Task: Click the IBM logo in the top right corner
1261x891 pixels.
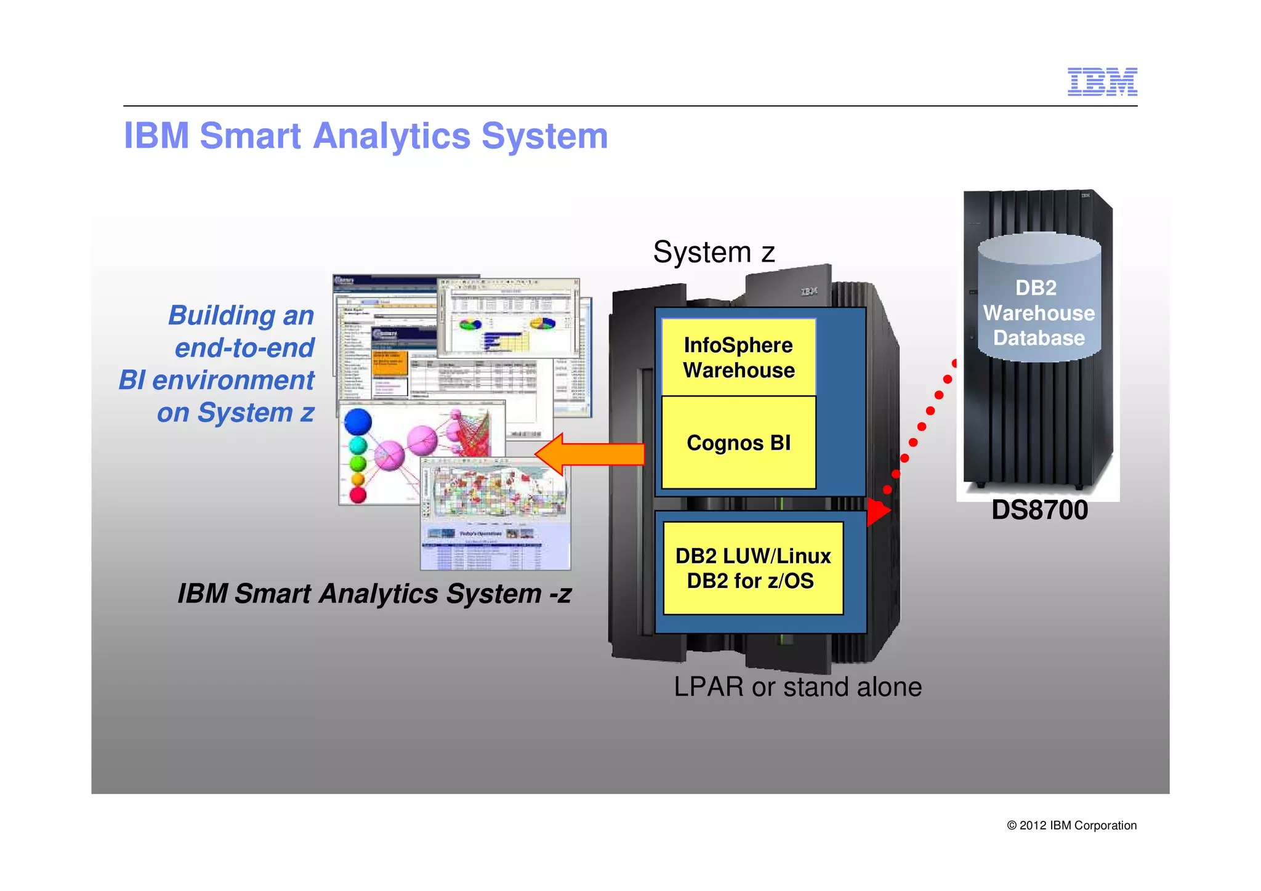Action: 1102,82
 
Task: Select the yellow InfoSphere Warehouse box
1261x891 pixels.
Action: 738,357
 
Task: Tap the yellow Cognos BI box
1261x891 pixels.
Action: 738,443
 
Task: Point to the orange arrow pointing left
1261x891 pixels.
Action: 589,454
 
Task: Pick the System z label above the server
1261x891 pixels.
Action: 714,252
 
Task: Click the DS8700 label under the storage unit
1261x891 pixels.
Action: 1039,510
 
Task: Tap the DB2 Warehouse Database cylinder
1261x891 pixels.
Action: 1039,302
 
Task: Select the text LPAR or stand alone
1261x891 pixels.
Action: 797,687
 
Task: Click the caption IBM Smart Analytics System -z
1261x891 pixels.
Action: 374,594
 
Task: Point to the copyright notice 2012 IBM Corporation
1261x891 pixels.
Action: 1071,825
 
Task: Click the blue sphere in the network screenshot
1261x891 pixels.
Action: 358,422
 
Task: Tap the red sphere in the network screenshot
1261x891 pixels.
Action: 358,494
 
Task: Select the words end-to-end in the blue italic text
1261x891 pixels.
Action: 244,348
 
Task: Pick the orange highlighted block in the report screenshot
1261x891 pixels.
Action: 390,363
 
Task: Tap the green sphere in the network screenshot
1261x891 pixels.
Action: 358,463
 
